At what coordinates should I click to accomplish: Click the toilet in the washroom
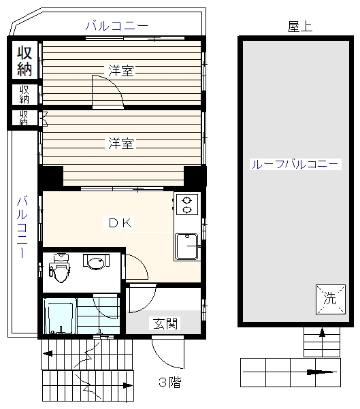click(x=60, y=268)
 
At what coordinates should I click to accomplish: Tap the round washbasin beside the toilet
click(x=96, y=262)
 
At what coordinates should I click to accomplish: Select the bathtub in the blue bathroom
click(x=60, y=316)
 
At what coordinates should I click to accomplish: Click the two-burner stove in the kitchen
click(x=187, y=205)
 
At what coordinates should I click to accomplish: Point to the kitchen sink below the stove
click(x=186, y=246)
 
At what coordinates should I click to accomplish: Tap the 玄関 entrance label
click(x=165, y=323)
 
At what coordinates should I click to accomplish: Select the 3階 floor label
click(x=170, y=382)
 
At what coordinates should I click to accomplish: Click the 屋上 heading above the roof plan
click(x=300, y=27)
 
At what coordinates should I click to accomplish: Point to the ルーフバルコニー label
click(x=295, y=164)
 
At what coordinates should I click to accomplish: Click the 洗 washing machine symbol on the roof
click(x=331, y=299)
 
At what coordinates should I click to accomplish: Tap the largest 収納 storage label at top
click(x=24, y=61)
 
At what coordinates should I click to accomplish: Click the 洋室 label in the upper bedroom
click(x=120, y=70)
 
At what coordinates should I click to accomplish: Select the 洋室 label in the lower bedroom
click(x=120, y=143)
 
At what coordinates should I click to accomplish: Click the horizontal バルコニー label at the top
click(x=117, y=26)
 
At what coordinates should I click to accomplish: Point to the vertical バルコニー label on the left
click(x=22, y=227)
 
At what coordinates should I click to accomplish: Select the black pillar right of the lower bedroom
click(x=195, y=176)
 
